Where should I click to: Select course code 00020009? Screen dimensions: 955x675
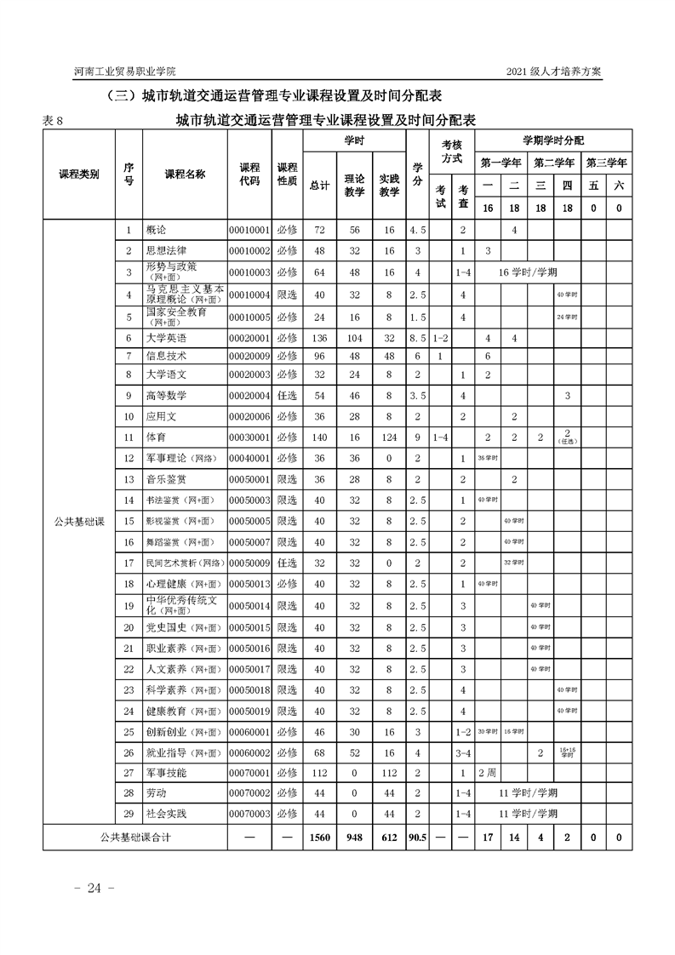[249, 356]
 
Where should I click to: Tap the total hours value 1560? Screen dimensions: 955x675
[319, 838]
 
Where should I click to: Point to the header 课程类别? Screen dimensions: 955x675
[78, 174]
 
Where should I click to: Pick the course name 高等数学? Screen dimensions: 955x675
[166, 396]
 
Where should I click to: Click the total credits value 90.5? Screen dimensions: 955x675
[417, 838]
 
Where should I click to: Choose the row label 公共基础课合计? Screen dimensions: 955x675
[134, 838]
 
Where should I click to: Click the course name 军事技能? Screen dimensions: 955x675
[166, 773]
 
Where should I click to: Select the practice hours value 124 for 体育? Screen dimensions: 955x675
[389, 437]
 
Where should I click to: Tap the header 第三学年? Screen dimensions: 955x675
[606, 162]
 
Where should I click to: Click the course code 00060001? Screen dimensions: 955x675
[249, 731]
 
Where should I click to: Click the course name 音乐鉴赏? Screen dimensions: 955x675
[166, 479]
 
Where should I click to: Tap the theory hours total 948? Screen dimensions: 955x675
[354, 838]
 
